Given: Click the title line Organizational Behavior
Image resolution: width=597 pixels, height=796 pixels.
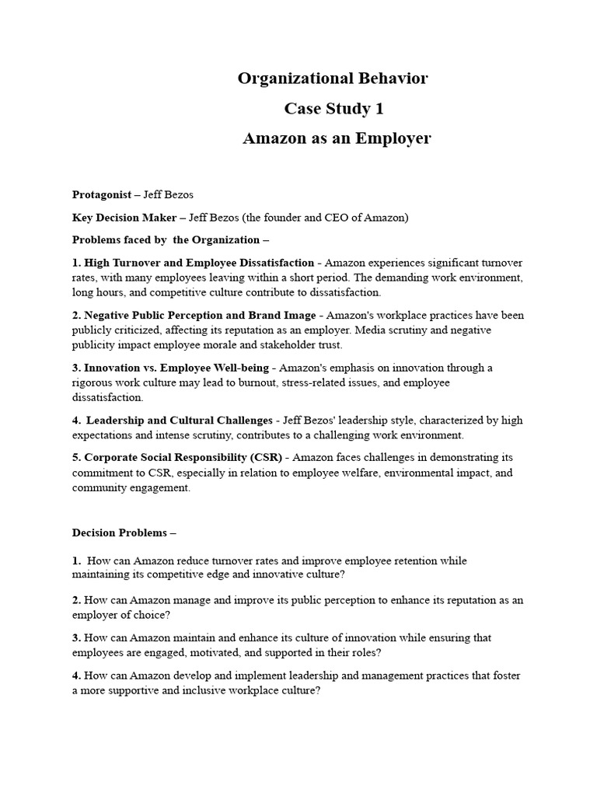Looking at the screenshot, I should coord(333,79).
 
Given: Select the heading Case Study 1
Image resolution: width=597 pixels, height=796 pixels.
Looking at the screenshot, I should coord(333,109).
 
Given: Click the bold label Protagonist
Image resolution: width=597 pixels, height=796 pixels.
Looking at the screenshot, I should coord(101,194).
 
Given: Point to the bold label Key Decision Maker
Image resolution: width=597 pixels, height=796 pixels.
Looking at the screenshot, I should coord(124,218).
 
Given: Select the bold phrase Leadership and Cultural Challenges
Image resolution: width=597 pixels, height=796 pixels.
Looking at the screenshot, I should coord(180,421).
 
